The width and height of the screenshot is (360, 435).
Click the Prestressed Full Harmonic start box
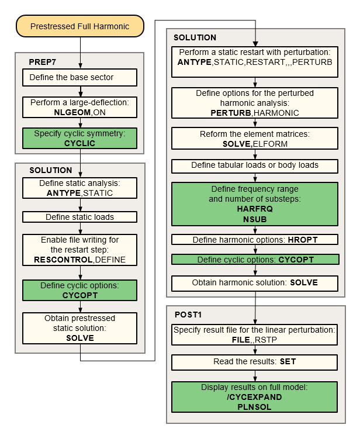pos(79,26)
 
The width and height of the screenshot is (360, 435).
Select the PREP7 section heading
pos(41,61)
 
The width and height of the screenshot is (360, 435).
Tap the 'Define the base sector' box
pos(79,78)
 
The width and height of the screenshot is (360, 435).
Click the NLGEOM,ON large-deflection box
pos(79,106)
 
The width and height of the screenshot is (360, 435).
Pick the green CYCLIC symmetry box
pos(79,138)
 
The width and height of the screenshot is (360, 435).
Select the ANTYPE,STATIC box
pos(79,188)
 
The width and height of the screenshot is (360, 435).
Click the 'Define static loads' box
pos(79,217)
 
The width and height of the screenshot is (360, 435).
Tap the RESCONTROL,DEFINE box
pos(79,250)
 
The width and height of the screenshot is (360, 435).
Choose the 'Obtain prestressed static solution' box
pos(79,328)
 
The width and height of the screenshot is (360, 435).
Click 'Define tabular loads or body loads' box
pos(255,165)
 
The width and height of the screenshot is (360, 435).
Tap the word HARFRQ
pos(255,208)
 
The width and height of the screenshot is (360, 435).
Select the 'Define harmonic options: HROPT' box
pos(255,240)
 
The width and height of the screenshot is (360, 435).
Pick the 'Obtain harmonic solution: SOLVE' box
pos(255,282)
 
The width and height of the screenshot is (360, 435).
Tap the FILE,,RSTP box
pos(255,336)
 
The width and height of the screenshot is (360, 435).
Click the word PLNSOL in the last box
pos(255,407)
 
